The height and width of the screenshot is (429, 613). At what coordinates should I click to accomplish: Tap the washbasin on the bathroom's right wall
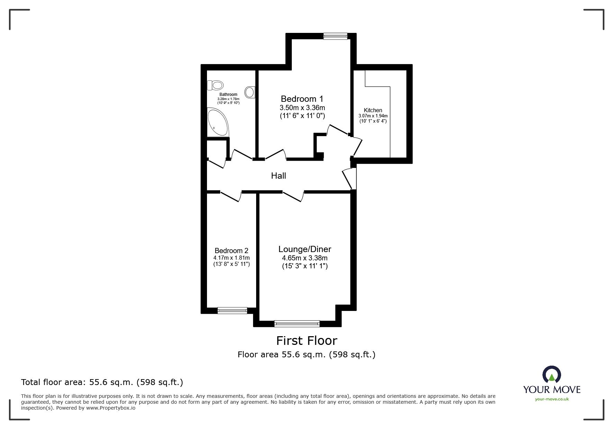click(250, 92)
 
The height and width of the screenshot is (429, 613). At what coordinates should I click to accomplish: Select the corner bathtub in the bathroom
click(217, 122)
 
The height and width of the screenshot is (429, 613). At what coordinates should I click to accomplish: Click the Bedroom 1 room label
click(302, 99)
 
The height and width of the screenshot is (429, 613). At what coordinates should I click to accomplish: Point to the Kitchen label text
click(373, 110)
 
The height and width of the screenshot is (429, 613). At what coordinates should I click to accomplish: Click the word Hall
click(279, 176)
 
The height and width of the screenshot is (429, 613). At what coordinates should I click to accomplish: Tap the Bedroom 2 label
click(232, 251)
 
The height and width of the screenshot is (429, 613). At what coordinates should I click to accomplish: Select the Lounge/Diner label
click(305, 249)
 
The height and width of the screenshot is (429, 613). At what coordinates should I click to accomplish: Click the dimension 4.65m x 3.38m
click(305, 258)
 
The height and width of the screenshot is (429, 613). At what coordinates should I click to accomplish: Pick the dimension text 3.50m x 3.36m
click(302, 108)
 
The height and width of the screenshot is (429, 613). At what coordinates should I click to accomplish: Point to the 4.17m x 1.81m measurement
click(232, 258)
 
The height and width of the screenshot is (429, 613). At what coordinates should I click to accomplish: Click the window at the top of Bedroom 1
click(335, 36)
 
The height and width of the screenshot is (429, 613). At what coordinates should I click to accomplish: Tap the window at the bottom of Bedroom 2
click(232, 310)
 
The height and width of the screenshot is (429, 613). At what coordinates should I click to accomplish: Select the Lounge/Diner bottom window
click(297, 323)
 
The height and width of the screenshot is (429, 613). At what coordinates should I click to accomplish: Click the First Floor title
click(307, 341)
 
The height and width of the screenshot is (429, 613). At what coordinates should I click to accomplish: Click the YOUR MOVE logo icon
click(551, 375)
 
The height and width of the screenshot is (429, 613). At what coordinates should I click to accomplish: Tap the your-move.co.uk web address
click(552, 399)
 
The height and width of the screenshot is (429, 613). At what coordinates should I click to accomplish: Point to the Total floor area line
click(102, 382)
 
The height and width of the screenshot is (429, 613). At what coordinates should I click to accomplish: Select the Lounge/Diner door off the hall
click(293, 196)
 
